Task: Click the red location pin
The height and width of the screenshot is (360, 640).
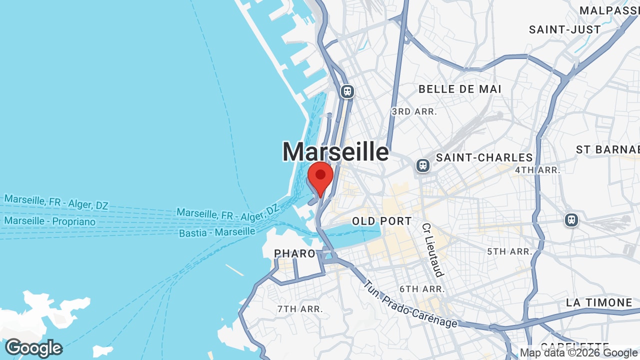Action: [x=320, y=177]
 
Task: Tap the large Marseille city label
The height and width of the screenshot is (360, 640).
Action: [x=335, y=151]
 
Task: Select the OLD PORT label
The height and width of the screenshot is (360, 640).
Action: [x=381, y=221]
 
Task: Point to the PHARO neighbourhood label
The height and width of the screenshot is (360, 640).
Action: [x=295, y=253]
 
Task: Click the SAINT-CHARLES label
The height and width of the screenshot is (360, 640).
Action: [x=484, y=158]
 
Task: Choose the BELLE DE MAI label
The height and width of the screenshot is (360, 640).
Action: [x=459, y=89]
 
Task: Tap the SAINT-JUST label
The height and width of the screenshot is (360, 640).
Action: [x=565, y=30]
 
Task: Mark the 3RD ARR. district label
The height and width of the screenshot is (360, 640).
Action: [x=414, y=111]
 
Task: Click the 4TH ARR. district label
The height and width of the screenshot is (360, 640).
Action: [x=537, y=170]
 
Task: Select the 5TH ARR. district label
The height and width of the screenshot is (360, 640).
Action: [x=510, y=251]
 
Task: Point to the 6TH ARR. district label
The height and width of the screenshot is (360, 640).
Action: [x=422, y=289]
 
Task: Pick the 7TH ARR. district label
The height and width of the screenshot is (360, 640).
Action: [x=300, y=309]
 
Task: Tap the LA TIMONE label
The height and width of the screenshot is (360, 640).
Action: [x=599, y=302]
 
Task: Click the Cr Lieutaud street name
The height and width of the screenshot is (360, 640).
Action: [x=432, y=249]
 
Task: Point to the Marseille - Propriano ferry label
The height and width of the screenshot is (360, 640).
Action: [x=49, y=221]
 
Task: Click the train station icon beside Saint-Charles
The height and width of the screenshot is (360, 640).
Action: [x=423, y=165]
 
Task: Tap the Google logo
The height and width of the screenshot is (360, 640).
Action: [x=33, y=348]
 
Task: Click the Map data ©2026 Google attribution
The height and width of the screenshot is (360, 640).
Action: [x=579, y=353]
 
